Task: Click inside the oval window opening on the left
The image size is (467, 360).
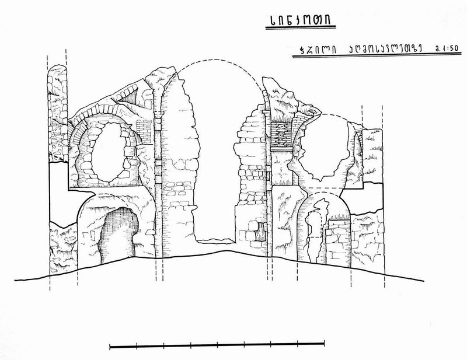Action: (109, 153)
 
